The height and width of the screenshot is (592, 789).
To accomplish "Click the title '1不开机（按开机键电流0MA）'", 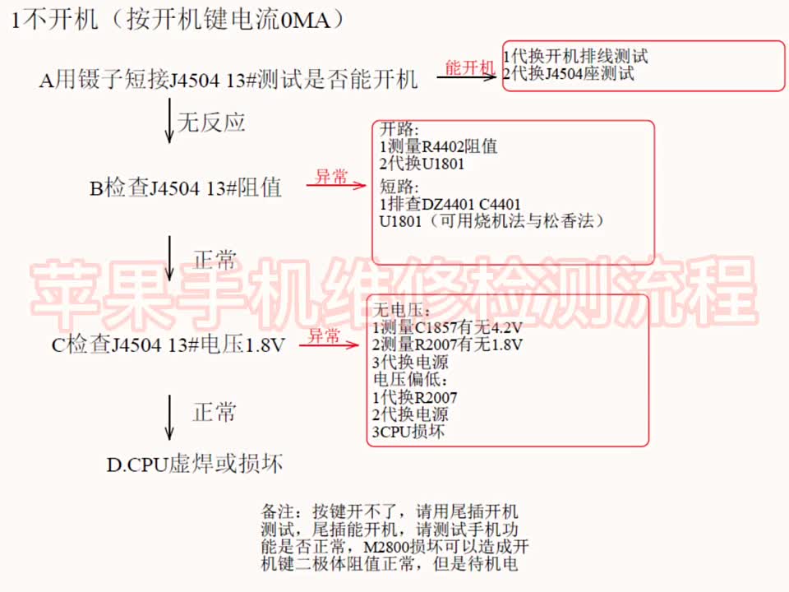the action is click(x=178, y=20).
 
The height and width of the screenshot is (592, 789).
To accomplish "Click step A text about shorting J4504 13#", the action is click(x=228, y=80).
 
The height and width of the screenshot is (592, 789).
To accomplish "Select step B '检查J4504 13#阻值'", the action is click(x=185, y=187).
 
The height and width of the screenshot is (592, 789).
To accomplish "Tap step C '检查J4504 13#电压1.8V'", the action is click(x=168, y=345).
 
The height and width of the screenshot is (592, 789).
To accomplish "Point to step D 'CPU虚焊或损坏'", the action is click(x=194, y=464).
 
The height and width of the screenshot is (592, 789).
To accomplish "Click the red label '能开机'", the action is click(x=470, y=67).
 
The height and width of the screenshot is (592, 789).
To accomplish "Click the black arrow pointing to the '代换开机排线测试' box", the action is click(x=467, y=77).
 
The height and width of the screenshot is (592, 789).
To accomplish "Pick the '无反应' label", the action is click(x=211, y=123).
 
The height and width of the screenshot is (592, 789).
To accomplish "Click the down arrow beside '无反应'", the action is click(x=169, y=121).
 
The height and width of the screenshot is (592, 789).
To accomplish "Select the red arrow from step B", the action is click(x=336, y=185).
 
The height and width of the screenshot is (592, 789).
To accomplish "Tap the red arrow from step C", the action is click(x=329, y=345).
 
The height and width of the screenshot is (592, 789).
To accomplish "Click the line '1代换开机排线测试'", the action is click(x=575, y=56).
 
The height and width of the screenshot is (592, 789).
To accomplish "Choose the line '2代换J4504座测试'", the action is click(x=569, y=73).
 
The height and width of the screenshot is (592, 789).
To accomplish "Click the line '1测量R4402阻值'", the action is click(x=438, y=146).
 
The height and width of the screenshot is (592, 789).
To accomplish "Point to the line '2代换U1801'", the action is click(x=422, y=164).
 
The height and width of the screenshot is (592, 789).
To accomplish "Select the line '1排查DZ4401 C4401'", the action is click(x=450, y=204).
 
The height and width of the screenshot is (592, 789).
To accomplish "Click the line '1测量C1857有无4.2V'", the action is click(x=447, y=328).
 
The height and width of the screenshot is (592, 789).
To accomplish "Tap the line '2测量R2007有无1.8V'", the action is click(x=447, y=345).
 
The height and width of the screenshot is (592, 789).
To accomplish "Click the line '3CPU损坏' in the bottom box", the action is click(x=408, y=432).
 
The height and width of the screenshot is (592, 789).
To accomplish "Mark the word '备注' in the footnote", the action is click(x=277, y=511).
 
